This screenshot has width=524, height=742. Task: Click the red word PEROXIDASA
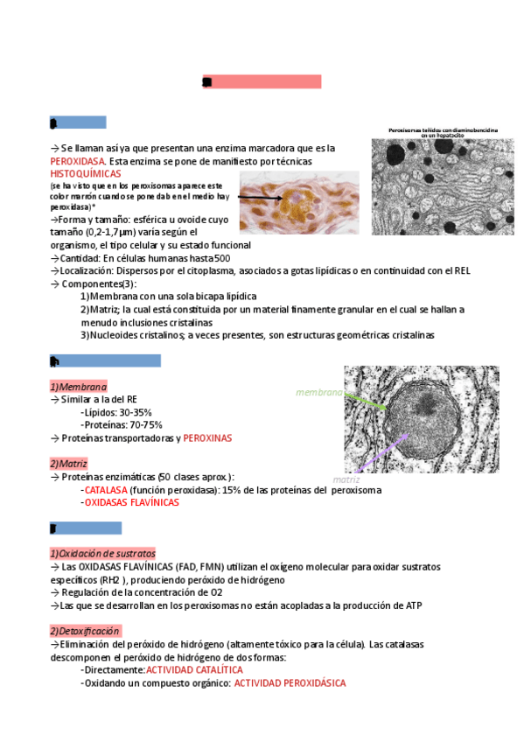(x=77, y=162)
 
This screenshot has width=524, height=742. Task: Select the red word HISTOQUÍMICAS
(x=85, y=174)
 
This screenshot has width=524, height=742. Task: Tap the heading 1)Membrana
(x=79, y=387)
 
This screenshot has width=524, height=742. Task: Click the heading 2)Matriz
(x=69, y=464)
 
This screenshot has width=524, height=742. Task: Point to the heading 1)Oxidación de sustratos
(x=102, y=554)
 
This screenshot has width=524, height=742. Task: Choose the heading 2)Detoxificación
(x=85, y=631)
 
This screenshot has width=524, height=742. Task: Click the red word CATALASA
(x=106, y=490)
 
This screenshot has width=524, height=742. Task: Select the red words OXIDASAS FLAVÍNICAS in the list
(x=131, y=503)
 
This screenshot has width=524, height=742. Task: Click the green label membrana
(x=318, y=393)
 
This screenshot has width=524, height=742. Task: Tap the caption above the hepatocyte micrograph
(x=443, y=132)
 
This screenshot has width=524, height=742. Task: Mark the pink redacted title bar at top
(x=262, y=82)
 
